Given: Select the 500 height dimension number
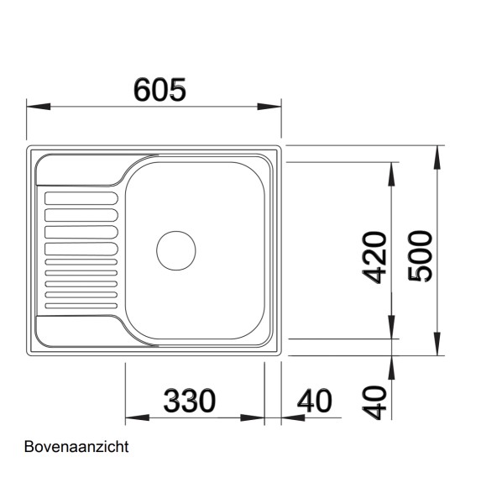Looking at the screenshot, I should tap(421, 255).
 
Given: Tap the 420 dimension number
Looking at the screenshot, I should tap(374, 256).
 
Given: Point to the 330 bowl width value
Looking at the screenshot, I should tap(189, 400).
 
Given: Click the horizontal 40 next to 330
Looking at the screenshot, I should tap(315, 400).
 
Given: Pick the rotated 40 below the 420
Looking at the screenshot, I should tap(375, 402).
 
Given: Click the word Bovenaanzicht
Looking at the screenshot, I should tap(76, 447).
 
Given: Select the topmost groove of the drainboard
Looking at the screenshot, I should tap(81, 197).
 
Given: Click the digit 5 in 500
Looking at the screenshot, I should tap(421, 273).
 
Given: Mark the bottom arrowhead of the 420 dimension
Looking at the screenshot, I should tap(392, 328).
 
